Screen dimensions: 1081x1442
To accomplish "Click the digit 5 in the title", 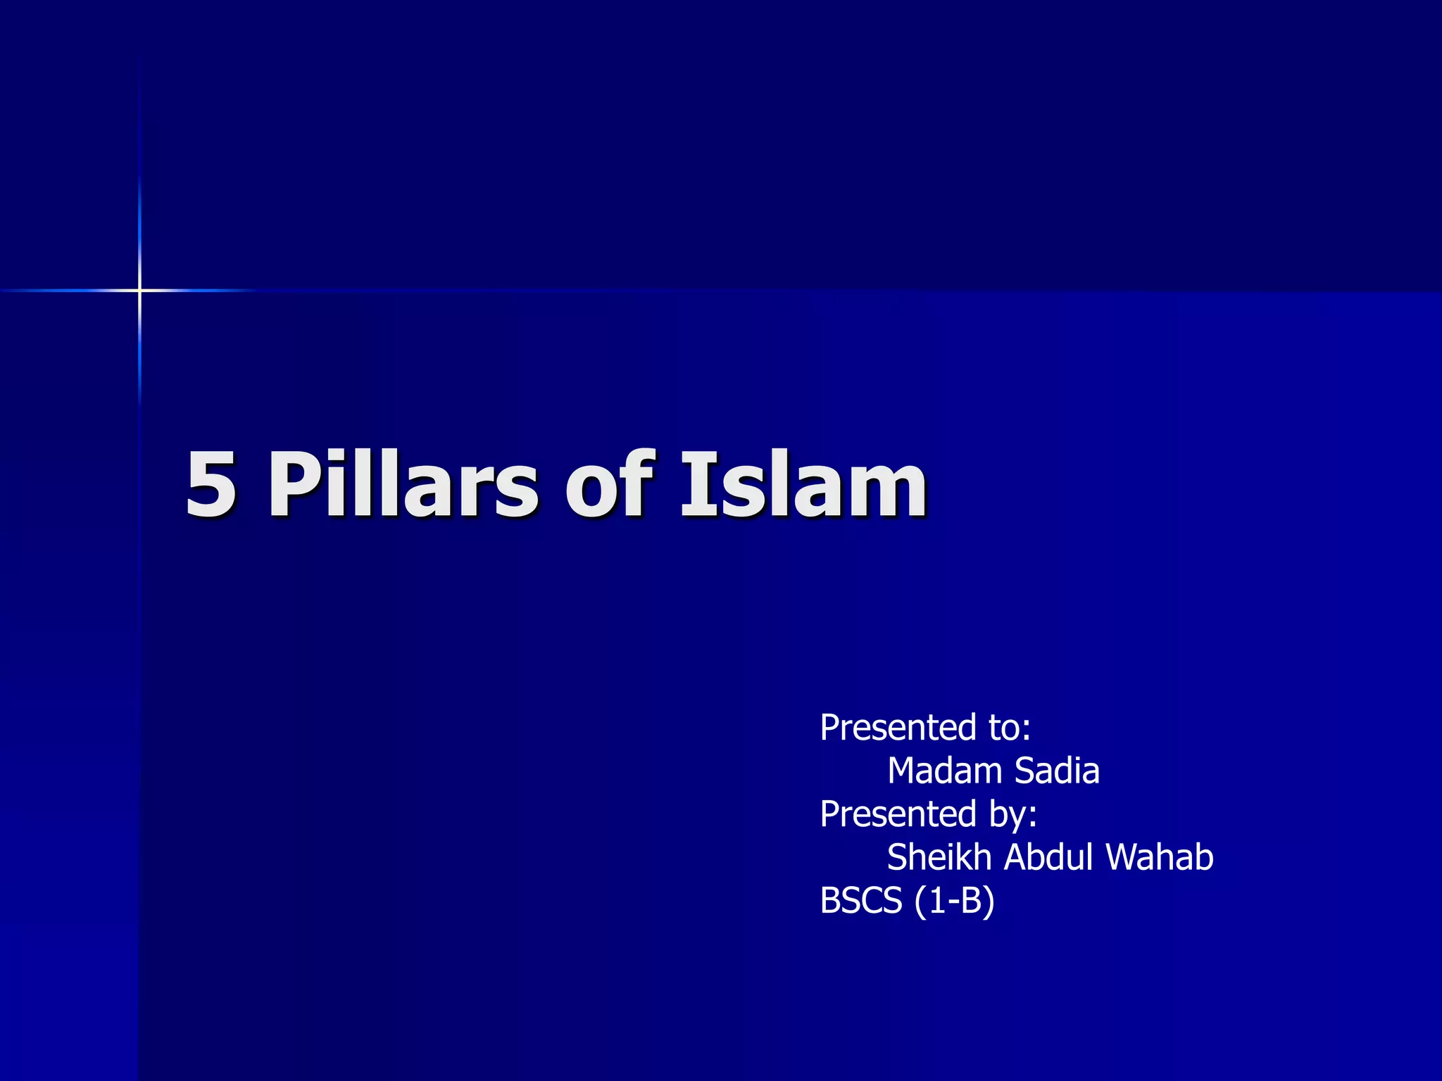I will [211, 483].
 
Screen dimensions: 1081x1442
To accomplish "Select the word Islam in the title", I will [803, 483].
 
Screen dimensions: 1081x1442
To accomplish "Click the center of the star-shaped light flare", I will [139, 290].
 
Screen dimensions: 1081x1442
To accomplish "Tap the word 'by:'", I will [1013, 815].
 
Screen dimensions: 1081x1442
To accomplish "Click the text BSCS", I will [861, 901].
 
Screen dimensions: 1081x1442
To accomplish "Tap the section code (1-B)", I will [955, 902].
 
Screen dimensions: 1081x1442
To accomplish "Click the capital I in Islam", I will [693, 483].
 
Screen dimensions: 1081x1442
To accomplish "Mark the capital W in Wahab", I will [1124, 857].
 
